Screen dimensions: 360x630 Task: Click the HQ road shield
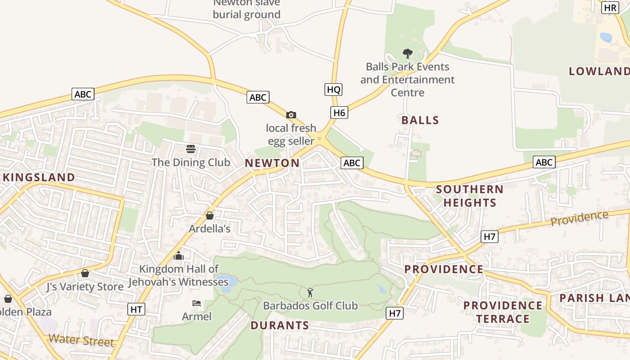333,90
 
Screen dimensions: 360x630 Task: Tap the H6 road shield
339,112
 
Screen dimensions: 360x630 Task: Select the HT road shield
136,309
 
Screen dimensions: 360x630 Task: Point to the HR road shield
610,8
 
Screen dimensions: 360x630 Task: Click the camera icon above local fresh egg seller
291,115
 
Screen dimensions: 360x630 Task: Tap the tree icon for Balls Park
408,54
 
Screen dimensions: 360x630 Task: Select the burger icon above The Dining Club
191,149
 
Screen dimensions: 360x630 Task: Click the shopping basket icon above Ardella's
210,216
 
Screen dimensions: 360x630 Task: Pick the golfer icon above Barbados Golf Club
310,292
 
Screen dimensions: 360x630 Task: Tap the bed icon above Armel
197,303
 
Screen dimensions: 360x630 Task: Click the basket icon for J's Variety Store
85,273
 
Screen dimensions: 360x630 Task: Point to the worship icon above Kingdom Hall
179,256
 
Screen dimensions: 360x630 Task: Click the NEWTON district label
272,163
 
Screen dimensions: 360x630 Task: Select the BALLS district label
420,120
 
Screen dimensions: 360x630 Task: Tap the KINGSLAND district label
39,177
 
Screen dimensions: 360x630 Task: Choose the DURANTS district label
280,325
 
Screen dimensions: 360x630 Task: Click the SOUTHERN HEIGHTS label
470,196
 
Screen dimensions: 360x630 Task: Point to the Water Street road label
81,340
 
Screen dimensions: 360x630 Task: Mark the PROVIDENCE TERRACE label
503,312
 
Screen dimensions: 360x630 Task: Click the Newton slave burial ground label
247,9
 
